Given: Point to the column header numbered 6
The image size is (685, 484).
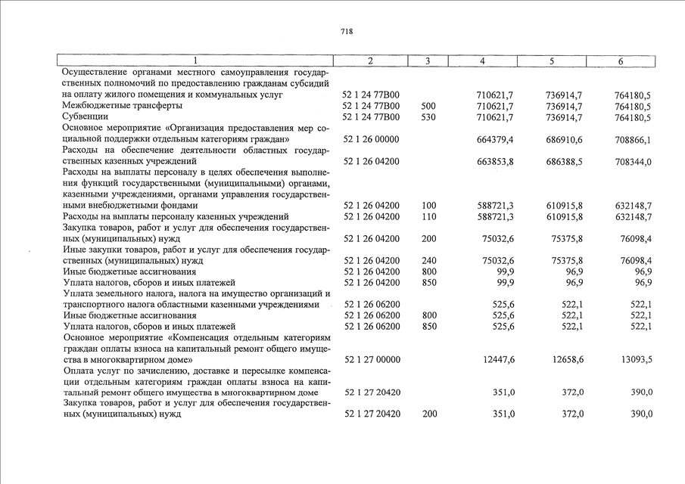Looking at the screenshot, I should tap(620, 61).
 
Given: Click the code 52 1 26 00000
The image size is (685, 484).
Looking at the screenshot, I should tap(372, 140).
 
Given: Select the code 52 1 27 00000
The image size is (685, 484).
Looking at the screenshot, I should tap(372, 359).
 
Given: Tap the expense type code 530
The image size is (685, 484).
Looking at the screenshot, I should tap(428, 117).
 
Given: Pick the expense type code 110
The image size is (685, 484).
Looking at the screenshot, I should tap(428, 217).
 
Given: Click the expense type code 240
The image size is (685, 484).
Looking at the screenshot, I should tap(428, 261).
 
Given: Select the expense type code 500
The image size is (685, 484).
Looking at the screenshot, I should tap(428, 106).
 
